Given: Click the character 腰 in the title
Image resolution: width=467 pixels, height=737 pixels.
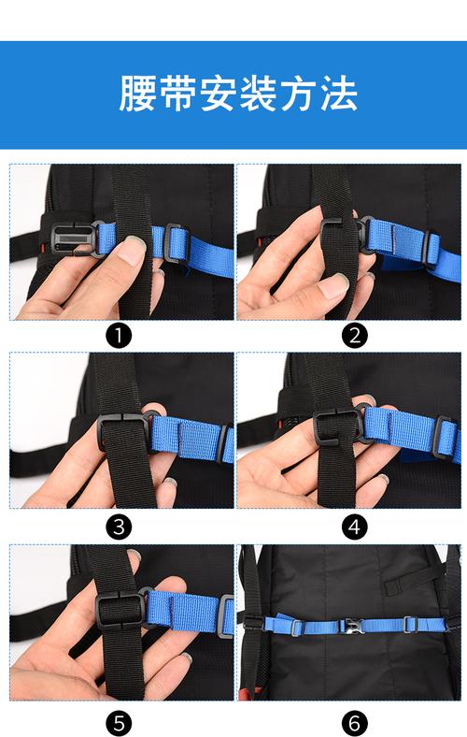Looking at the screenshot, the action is click(137, 94).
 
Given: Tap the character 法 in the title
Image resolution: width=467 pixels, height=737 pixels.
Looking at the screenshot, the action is click(339, 94).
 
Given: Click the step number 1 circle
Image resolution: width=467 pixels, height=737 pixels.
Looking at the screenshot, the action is click(119, 335).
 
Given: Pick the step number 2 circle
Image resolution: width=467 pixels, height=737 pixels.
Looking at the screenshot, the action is click(355, 335).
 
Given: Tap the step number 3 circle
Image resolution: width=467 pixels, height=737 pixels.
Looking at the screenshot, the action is click(119, 527).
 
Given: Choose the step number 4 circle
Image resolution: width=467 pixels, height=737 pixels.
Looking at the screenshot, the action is click(355, 527).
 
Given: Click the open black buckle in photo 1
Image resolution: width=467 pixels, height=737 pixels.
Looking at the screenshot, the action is click(70, 239).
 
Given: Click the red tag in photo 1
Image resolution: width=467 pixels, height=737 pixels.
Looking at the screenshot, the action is click(42, 247).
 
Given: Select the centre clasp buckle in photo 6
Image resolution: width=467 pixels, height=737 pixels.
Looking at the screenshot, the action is click(352, 626).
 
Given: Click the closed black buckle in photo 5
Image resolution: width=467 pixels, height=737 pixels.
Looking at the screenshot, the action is click(120, 611).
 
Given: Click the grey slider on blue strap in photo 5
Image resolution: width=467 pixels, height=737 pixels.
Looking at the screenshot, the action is click(225, 615).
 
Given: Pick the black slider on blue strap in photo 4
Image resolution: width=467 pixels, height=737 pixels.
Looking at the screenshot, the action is click(444, 437).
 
